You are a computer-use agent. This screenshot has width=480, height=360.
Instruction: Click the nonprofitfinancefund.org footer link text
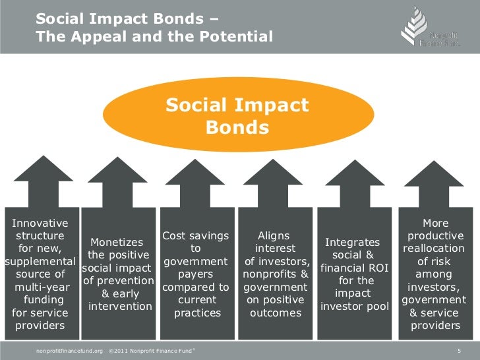(x=70, y=348)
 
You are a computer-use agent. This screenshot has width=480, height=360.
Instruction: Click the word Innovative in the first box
(x=40, y=223)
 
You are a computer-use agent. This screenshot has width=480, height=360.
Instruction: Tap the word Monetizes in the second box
(x=116, y=243)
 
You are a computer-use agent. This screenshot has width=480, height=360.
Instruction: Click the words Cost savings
(x=196, y=236)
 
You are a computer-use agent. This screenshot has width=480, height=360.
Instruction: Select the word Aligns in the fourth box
(x=274, y=236)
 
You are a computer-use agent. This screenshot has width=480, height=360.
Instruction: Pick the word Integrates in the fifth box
(x=353, y=243)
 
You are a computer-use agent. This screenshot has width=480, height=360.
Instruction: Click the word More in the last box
(x=435, y=223)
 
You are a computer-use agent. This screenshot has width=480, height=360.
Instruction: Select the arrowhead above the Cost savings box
(x=196, y=174)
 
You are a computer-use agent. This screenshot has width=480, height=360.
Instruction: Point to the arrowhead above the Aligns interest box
(x=272, y=174)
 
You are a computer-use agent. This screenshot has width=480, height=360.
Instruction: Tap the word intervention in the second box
(x=120, y=307)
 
